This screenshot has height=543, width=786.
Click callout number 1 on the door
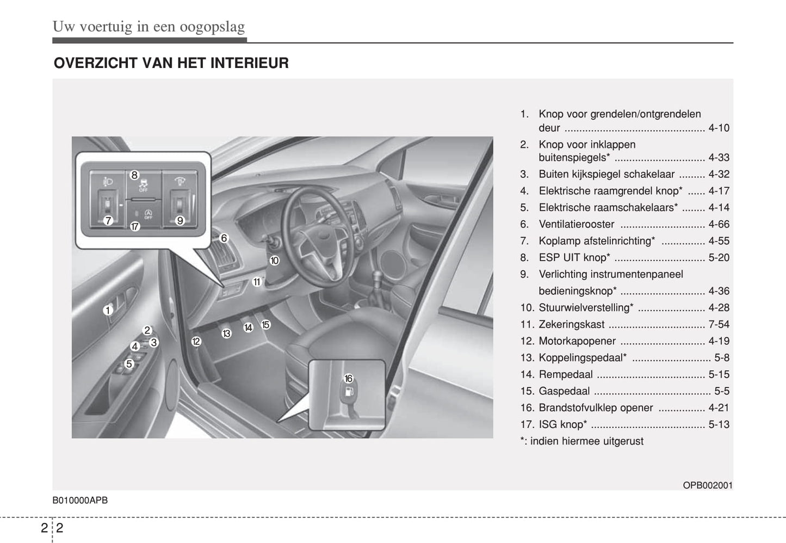(x=108, y=310)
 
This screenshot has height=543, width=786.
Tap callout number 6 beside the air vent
(x=224, y=238)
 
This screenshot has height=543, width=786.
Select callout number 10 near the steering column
(x=274, y=261)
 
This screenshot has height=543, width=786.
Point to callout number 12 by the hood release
(x=196, y=341)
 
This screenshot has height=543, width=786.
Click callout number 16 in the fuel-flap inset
(x=348, y=378)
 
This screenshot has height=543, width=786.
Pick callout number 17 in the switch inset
(x=135, y=226)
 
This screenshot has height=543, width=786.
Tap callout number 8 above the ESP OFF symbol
(x=135, y=175)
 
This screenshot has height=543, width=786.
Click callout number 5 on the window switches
(x=129, y=363)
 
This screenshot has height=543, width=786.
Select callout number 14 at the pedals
(x=248, y=328)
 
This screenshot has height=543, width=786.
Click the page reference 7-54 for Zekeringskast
(x=719, y=324)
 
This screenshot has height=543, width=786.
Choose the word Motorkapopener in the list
(x=577, y=341)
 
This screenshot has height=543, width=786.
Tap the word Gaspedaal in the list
(x=564, y=391)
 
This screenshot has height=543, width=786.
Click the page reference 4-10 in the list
(x=719, y=128)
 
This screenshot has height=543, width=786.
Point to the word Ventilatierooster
(x=577, y=224)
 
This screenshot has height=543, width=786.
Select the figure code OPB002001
(x=708, y=485)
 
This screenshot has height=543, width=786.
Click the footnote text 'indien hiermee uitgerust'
(x=586, y=441)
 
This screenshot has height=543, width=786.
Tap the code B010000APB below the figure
(x=80, y=501)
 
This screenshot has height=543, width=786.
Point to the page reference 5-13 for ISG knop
(x=719, y=424)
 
